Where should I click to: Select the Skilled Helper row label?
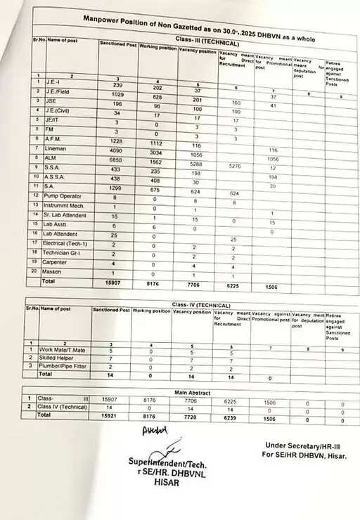pos(58,358)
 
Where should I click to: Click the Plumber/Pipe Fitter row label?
pos(63,367)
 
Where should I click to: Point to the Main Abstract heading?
pos(194,391)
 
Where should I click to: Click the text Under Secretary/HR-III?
pos(307,445)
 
